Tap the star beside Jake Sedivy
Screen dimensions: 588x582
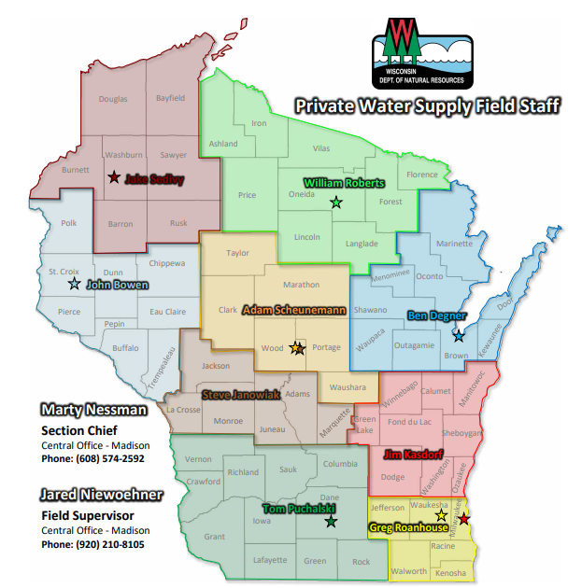point(114,176)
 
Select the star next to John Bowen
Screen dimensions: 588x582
point(74,283)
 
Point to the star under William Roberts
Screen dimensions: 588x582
point(336,202)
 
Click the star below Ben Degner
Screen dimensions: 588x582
point(458,335)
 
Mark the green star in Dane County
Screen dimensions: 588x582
point(330,521)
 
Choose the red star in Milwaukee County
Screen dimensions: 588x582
point(465,518)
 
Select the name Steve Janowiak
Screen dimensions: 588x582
point(241,394)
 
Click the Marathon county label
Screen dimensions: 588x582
point(300,285)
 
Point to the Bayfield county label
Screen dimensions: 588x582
point(171,98)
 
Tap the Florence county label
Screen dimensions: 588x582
point(421,175)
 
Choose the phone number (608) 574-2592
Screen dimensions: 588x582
point(92,458)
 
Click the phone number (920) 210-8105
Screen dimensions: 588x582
point(92,543)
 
